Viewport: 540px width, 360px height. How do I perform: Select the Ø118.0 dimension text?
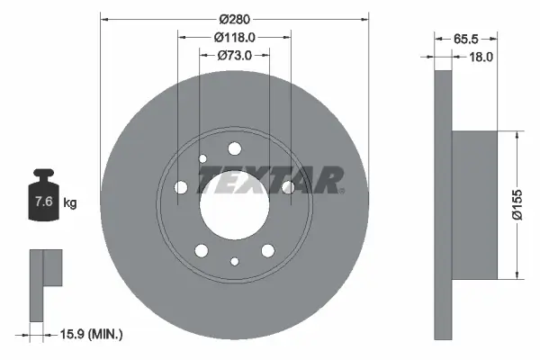[x=235, y=37]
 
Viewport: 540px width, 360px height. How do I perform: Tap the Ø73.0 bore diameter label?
[x=234, y=56]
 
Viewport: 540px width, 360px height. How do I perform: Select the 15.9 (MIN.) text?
[x=87, y=335]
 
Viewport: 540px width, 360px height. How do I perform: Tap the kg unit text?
[x=70, y=203]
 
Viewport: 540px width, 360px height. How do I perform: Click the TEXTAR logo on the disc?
[x=270, y=180]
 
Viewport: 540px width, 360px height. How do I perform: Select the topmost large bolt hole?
[x=235, y=148]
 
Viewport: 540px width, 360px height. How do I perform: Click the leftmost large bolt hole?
[x=181, y=187]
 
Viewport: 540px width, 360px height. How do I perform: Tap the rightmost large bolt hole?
[x=288, y=187]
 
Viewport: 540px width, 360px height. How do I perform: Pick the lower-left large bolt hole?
[x=202, y=250]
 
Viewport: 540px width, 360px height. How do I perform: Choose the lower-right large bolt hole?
[x=267, y=250]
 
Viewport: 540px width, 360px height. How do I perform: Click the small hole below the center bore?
[x=235, y=262]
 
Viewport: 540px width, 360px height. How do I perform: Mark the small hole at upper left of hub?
[x=202, y=158]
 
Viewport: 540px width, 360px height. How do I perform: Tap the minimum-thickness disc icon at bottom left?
[x=42, y=283]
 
